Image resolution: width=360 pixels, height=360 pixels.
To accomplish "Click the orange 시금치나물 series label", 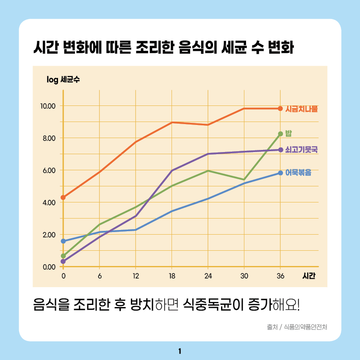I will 301,109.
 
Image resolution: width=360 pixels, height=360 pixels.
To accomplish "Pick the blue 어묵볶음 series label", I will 298,172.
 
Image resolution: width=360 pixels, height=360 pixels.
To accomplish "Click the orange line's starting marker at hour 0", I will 63,197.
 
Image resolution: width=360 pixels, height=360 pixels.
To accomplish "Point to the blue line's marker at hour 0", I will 63,241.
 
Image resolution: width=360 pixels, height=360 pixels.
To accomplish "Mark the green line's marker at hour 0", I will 63,256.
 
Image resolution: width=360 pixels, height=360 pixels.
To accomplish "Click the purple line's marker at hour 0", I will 63,261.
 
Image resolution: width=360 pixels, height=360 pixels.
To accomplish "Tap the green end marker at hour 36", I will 280,134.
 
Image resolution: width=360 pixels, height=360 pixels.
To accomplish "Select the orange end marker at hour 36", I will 280,109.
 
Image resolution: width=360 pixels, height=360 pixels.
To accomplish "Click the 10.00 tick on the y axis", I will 48,106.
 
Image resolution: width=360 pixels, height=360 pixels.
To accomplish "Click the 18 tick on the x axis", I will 172,276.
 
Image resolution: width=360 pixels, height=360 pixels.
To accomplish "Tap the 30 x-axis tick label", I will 244,276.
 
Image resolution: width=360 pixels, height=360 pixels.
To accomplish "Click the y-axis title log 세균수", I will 63,79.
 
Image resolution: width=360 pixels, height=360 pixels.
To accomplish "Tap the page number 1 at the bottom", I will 180,351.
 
